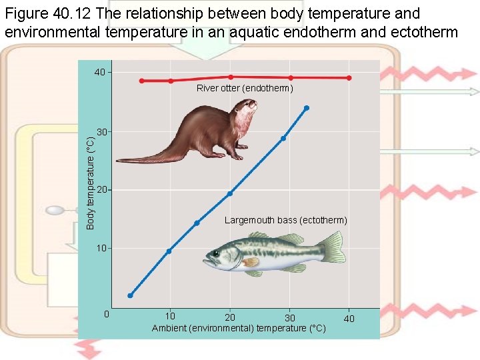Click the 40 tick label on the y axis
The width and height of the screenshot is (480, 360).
99,72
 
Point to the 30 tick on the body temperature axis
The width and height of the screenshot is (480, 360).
101,132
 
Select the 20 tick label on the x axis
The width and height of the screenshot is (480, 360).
229,317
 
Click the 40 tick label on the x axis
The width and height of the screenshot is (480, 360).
349,319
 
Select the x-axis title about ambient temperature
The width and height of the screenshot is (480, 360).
239,328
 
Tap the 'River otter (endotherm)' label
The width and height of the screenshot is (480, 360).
244,88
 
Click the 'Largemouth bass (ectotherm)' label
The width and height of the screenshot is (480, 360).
285,220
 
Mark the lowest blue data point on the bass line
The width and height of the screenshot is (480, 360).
131,295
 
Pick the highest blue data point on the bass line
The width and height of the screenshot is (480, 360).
306,107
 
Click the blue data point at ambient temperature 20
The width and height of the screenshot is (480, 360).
229,193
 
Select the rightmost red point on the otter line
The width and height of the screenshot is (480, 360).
349,78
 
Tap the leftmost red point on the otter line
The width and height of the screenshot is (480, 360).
141,81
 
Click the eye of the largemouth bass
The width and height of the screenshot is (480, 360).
216,254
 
